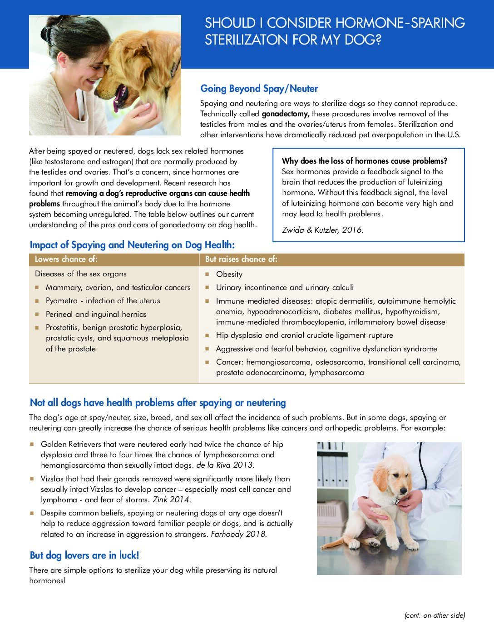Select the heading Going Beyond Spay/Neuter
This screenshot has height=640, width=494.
coord(259,89)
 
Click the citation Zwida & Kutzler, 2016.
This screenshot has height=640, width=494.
coord(323,230)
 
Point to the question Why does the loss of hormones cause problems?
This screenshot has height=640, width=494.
coord(365,161)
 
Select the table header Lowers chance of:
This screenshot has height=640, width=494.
coord(66,259)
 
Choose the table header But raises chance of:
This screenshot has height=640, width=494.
coord(241,259)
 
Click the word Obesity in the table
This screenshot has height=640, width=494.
coord(229,274)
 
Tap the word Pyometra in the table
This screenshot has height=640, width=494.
coord(62,300)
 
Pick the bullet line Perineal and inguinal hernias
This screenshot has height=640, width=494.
coord(96,314)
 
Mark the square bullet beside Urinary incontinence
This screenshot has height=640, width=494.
coord(207,287)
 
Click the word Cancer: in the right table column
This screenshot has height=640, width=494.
coord(229,362)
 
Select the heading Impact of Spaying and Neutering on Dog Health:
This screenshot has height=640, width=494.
coord(132,245)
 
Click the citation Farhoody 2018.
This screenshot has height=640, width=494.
coord(239,534)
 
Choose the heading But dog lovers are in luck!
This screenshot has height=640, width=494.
coord(84,555)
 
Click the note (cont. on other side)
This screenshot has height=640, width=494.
coord(435,615)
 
